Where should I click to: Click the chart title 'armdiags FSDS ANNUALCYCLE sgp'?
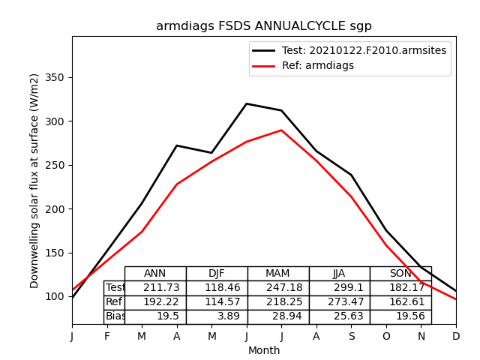[x=263, y=26]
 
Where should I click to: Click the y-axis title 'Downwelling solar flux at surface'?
[x=34, y=180]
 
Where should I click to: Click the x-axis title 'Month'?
[x=264, y=350]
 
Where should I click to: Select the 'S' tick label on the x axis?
[x=351, y=336]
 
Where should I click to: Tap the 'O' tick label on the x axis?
[x=386, y=336]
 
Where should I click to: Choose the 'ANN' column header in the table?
[x=155, y=274]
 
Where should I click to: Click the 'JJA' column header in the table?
[x=339, y=274]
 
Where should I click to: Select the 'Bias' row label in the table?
[x=115, y=316]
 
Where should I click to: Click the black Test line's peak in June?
[x=247, y=103]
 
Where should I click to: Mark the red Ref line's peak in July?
[x=281, y=130]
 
